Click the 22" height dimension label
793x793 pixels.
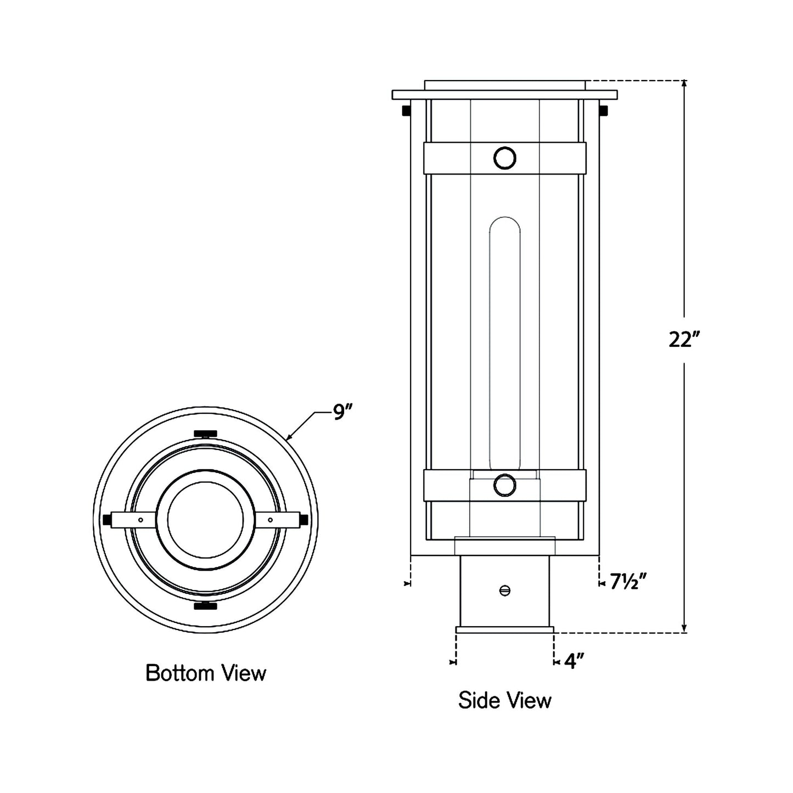[684, 340]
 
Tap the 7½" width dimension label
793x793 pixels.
[626, 581]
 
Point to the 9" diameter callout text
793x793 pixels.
[342, 412]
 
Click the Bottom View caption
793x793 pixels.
[206, 673]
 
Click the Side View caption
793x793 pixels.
[505, 700]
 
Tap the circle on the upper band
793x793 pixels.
[505, 158]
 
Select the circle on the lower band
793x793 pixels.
[505, 485]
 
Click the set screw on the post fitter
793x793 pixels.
[505, 590]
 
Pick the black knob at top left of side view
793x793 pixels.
[406, 110]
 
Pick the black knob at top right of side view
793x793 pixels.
[604, 110]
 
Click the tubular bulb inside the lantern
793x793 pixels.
[505, 340]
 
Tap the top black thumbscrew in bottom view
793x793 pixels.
[206, 434]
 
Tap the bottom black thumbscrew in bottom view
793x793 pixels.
[206, 606]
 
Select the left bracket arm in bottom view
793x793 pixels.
[132, 520]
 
